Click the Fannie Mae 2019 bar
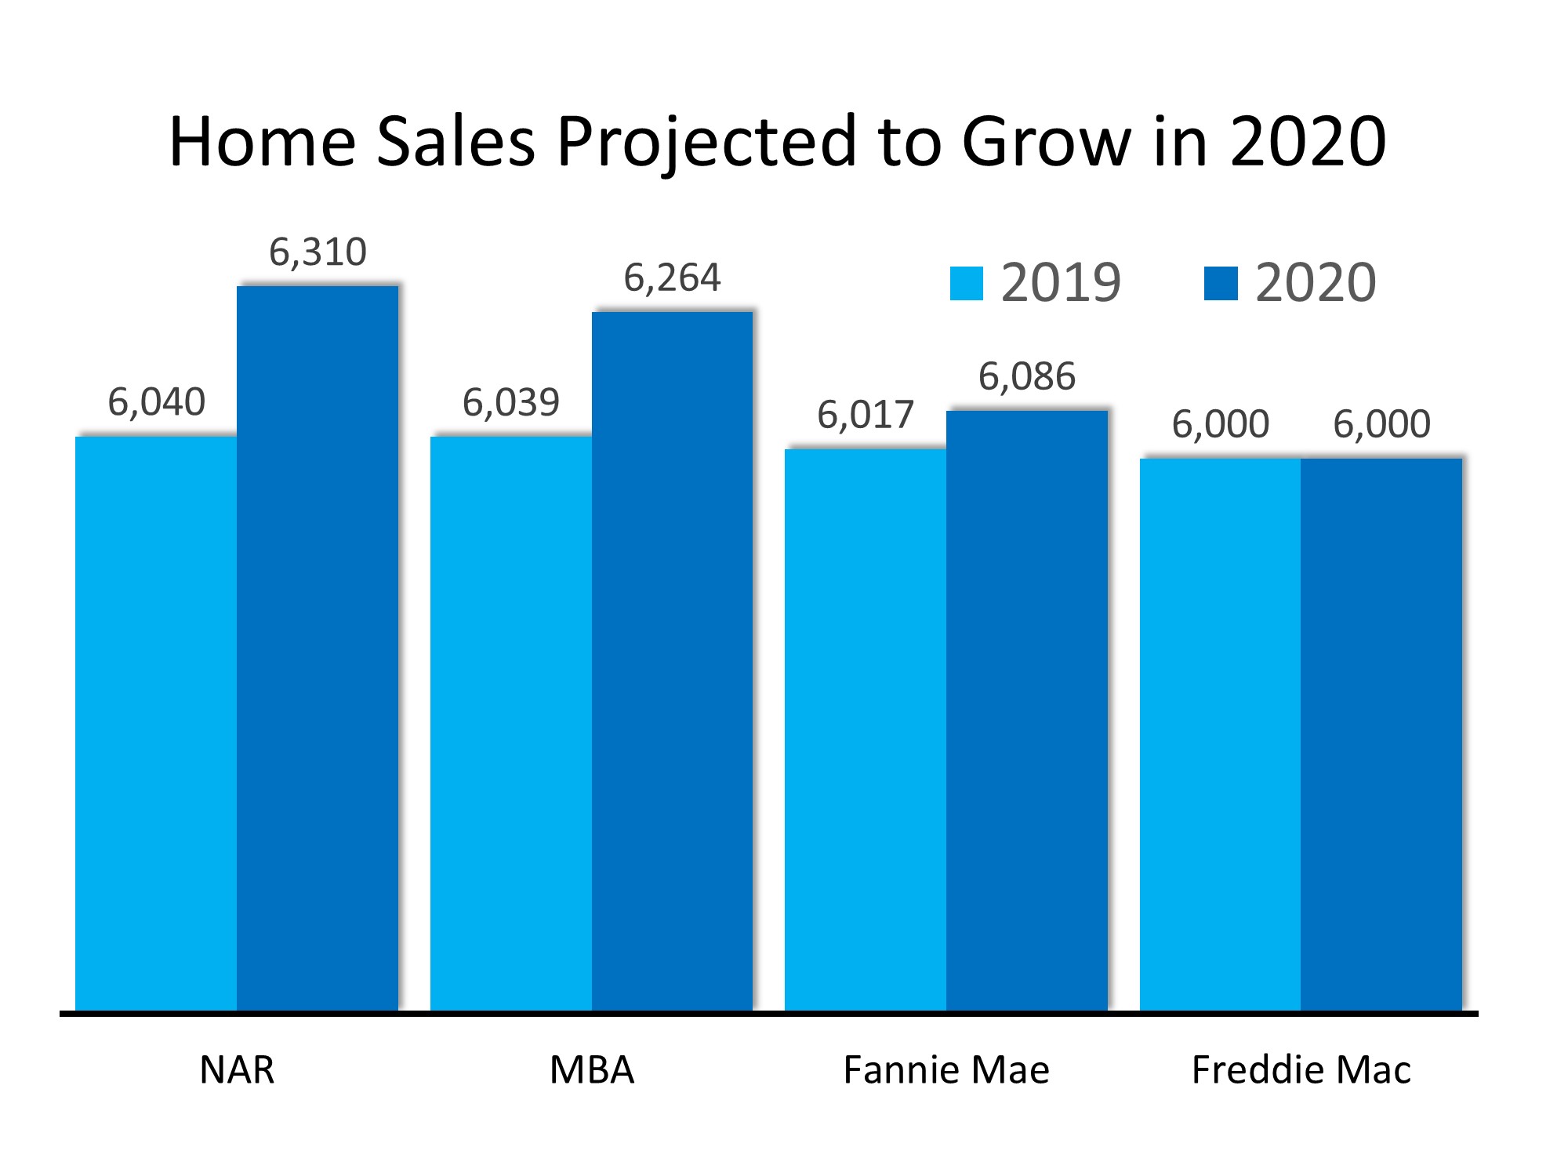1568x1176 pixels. tap(866, 729)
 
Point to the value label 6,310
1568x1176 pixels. tap(318, 252)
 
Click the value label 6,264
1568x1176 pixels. tap(672, 278)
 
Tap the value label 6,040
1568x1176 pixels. tap(156, 402)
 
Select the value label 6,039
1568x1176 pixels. tap(511, 403)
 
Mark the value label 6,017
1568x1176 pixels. tap(866, 416)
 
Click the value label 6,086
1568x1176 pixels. tap(1027, 377)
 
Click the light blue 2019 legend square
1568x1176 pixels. tap(966, 284)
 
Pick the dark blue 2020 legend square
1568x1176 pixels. tap(1221, 284)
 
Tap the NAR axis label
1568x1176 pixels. tap(237, 1070)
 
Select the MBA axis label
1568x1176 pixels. tap(592, 1070)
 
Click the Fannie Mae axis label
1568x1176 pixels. tap(946, 1070)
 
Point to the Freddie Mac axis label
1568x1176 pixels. tap(1301, 1070)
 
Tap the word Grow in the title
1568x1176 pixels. tap(1047, 143)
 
